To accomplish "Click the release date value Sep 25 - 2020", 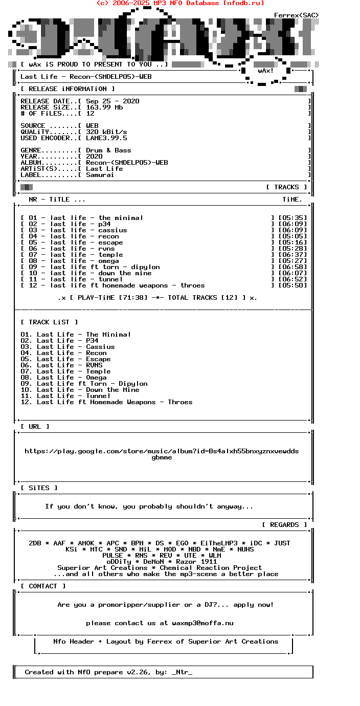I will [x=112, y=101].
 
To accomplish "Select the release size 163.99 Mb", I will [x=104, y=107].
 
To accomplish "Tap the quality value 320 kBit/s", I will [x=106, y=132].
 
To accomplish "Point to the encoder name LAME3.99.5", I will [x=106, y=138].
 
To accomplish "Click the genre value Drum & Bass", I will [x=108, y=150].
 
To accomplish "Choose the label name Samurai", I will [x=100, y=175].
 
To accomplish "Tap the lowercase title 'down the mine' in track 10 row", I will [x=125, y=273].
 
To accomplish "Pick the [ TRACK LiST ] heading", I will [x=49, y=322].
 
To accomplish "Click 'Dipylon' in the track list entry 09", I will [x=133, y=384].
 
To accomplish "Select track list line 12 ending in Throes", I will [x=106, y=402].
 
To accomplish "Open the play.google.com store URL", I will [x=162, y=451].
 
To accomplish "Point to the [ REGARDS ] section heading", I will [x=284, y=525].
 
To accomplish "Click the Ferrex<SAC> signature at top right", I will [x=296, y=15].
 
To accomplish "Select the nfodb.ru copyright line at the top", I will [x=180, y=3].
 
